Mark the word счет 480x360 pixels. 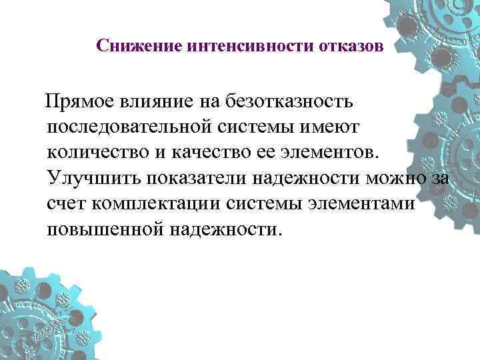tap(67, 203)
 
